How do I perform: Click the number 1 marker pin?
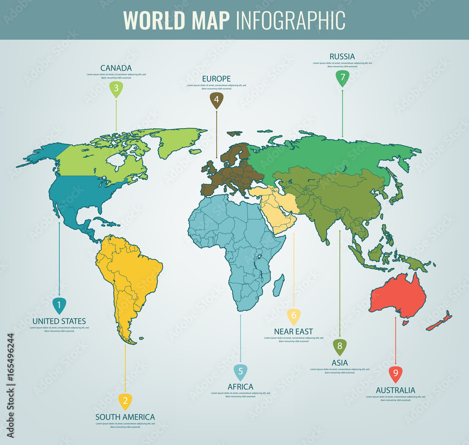click(x=59, y=306)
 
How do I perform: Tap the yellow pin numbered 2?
click(x=125, y=400)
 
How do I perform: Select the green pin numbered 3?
click(x=116, y=89)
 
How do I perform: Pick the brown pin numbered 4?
click(x=216, y=100)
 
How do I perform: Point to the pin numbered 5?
click(x=240, y=372)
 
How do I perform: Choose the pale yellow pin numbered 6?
click(x=294, y=316)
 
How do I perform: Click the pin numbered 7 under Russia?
click(x=342, y=78)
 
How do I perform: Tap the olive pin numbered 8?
click(x=340, y=347)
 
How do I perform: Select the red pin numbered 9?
click(x=395, y=374)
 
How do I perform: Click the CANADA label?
click(x=116, y=68)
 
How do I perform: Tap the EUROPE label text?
click(x=216, y=79)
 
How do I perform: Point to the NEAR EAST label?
click(x=293, y=332)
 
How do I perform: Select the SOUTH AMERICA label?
click(x=125, y=417)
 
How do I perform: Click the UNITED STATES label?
click(x=59, y=321)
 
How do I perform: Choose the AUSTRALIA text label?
click(x=395, y=390)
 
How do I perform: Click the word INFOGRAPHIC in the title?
click(x=290, y=20)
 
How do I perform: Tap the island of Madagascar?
click(x=278, y=285)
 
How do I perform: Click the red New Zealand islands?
click(x=441, y=322)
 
